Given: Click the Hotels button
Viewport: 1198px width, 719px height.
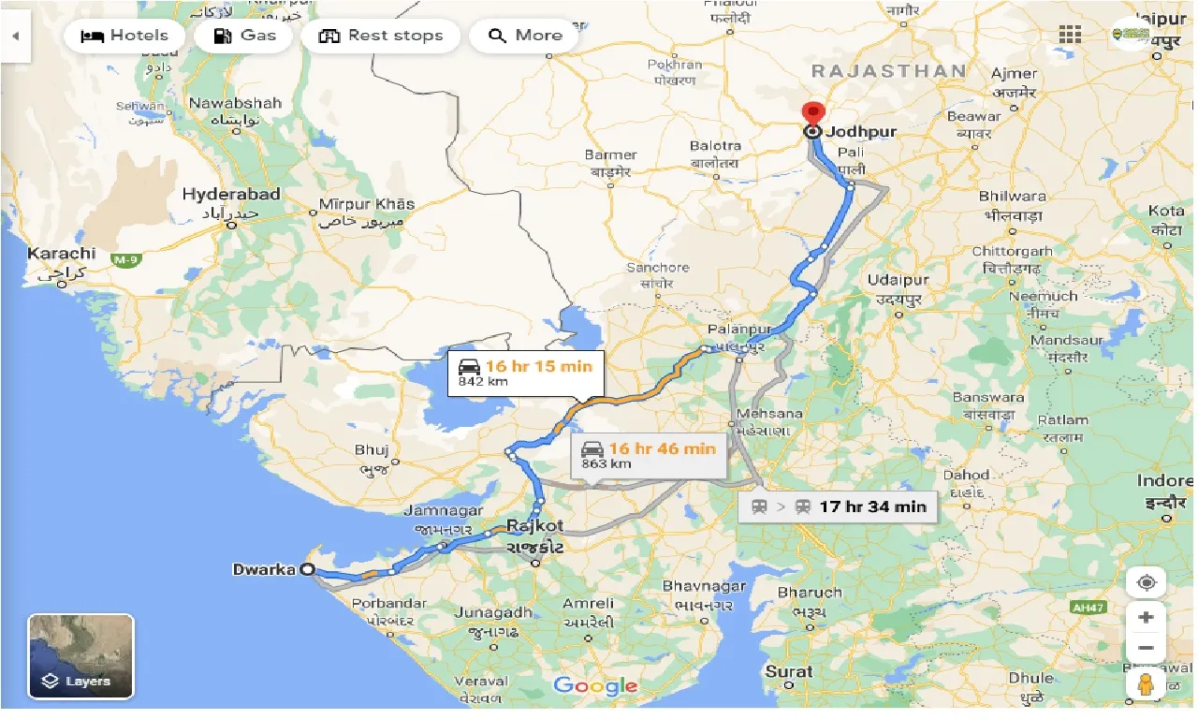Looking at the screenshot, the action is pos(125,36).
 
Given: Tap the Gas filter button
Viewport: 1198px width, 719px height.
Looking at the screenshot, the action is pos(245,36).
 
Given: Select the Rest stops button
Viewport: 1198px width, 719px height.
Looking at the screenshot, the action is pos(381,36).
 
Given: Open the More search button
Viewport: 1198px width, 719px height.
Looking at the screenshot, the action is pos(528,36).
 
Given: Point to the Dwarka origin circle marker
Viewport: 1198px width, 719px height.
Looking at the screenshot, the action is pos(307,569).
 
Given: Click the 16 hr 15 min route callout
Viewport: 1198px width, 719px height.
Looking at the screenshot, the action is pos(525,373).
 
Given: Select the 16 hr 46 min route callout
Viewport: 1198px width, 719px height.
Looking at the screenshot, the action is pos(650,455).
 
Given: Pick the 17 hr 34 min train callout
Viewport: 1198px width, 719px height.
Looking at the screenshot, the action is pos(838,506).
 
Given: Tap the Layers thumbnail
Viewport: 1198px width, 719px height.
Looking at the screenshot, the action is pos(80,656).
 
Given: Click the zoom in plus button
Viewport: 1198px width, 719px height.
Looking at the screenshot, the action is pos(1147,617).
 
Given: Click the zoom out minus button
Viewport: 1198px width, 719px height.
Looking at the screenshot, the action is pos(1147,648).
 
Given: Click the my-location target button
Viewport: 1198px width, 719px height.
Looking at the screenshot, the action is pos(1147,582).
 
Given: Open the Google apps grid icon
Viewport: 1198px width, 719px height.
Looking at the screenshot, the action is pos(1071,35).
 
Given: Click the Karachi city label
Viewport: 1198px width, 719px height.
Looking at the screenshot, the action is pos(62,254).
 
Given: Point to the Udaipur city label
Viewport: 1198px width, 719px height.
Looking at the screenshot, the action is pos(898,281).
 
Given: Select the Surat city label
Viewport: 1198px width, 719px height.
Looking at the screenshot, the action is pos(789,671).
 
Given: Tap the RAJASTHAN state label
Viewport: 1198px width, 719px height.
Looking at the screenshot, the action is pos(889,71).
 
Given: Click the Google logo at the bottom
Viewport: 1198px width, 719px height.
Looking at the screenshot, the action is pos(595,685).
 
